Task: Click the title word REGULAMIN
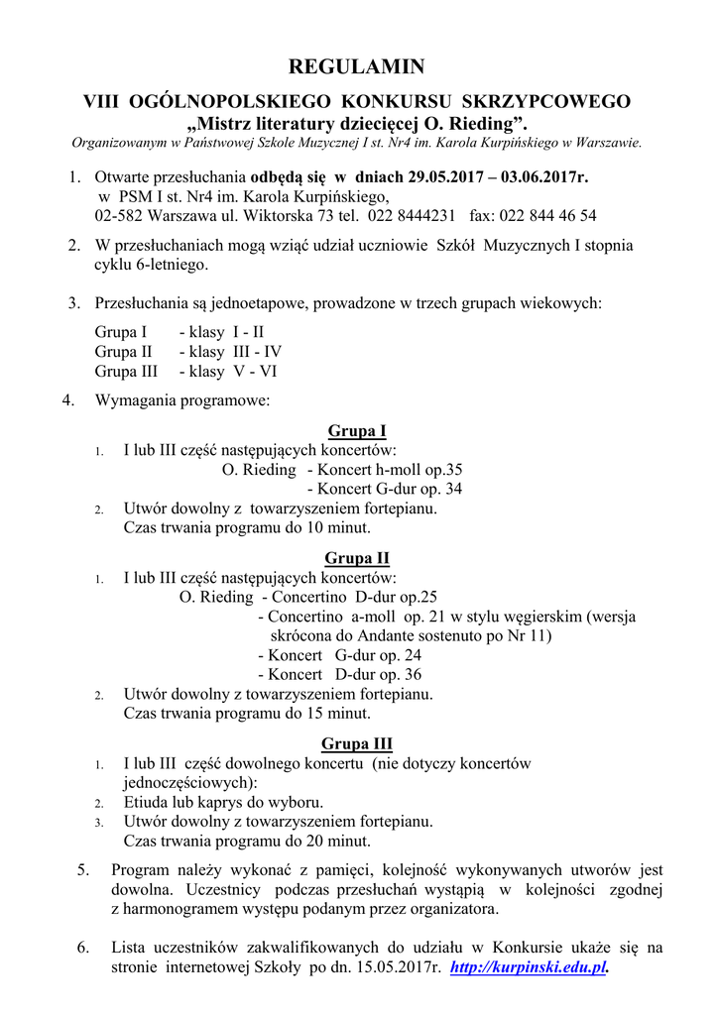coord(356,67)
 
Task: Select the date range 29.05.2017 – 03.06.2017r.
coord(497,177)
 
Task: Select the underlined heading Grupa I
coord(356,430)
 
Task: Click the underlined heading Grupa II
coord(356,558)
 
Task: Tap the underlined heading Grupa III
coord(356,743)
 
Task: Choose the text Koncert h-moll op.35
coord(389,469)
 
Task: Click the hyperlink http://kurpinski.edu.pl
coord(528,966)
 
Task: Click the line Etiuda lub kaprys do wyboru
coord(223,802)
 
